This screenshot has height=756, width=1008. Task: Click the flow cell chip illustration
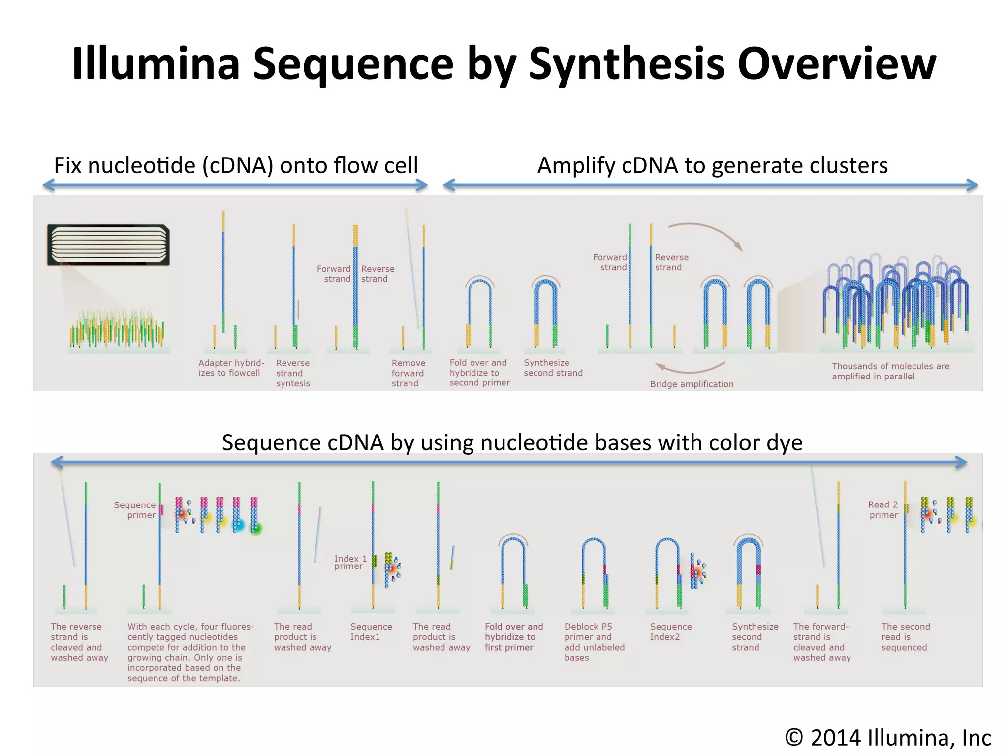(108, 245)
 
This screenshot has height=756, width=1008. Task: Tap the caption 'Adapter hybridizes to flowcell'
(231, 368)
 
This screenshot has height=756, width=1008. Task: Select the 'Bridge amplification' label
(692, 384)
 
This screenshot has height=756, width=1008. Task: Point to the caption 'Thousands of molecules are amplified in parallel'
(890, 371)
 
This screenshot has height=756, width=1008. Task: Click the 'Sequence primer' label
(135, 510)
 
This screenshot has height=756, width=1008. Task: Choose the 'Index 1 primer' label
(350, 562)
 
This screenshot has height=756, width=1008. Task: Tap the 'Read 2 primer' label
(883, 510)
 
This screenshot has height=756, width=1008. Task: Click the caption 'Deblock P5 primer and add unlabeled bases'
(594, 642)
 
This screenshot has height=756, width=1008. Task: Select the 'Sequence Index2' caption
(670, 631)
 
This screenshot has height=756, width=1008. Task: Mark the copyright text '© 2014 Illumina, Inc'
(888, 738)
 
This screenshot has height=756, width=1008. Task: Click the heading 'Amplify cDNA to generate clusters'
(712, 165)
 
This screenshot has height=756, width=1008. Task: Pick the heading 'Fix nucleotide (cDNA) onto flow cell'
(236, 165)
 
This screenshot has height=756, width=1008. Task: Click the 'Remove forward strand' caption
(408, 373)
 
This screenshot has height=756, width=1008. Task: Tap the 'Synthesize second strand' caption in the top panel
(553, 368)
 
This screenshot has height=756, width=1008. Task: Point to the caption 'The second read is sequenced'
(905, 637)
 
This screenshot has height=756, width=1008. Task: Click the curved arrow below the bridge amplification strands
(690, 368)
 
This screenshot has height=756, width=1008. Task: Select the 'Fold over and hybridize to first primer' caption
(513, 637)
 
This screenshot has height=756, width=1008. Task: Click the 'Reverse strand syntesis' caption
(293, 373)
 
